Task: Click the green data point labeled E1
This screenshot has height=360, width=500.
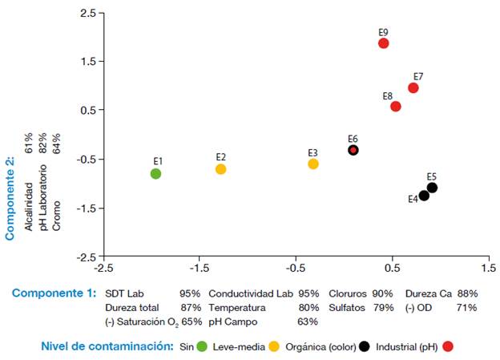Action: (156, 173)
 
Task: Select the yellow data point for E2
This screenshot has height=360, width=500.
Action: (220, 169)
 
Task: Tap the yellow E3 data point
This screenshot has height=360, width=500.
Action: (313, 164)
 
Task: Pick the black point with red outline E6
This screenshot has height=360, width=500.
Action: (353, 150)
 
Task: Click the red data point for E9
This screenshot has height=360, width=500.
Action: (383, 43)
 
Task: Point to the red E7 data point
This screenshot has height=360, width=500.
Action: (413, 87)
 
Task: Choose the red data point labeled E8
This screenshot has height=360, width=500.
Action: (396, 107)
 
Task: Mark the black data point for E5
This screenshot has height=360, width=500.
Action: (432, 188)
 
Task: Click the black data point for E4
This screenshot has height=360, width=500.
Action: (424, 196)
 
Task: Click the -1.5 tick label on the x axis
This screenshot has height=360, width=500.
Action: (199, 270)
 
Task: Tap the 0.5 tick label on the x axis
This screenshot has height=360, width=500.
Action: (391, 270)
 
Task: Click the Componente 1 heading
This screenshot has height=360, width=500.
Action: (54, 293)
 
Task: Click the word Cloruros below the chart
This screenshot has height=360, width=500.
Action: (349, 293)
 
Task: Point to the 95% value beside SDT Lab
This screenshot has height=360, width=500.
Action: (190, 293)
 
